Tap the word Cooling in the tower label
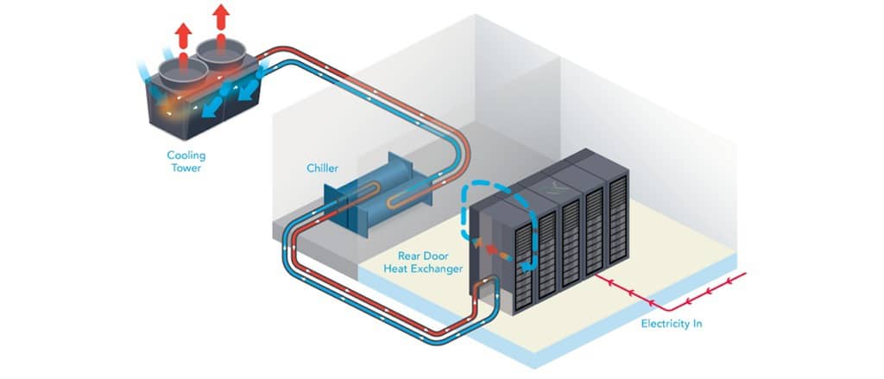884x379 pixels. (186, 156)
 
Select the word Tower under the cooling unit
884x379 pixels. (186, 168)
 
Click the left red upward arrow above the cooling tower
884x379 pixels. (181, 35)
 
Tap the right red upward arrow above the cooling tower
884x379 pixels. (222, 18)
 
